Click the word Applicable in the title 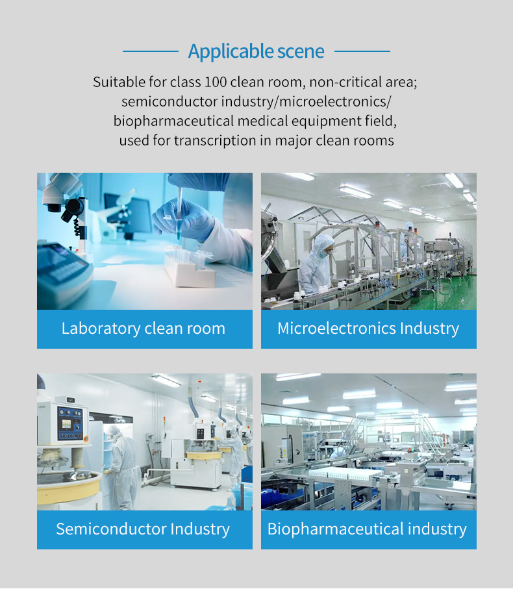[x=231, y=51]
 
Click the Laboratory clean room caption [x=144, y=329]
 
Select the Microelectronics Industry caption [x=368, y=329]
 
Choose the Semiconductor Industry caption [x=143, y=529]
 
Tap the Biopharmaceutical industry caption [x=367, y=529]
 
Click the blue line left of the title [x=151, y=51]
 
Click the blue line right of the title [x=362, y=51]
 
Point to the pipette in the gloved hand [x=179, y=214]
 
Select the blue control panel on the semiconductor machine [x=69, y=424]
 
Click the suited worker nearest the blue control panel [x=121, y=466]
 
